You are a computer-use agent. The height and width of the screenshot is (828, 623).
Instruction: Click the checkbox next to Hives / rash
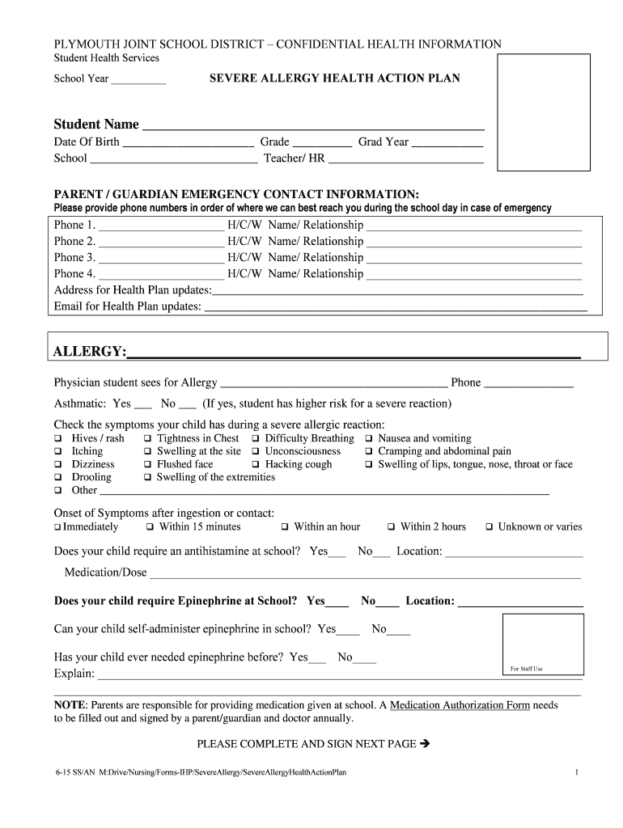[58, 439]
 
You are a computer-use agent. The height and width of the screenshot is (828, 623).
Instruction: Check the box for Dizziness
[58, 465]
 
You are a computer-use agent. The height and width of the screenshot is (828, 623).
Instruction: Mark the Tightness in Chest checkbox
[148, 439]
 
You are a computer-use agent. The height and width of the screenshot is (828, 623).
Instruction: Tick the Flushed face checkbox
[148, 465]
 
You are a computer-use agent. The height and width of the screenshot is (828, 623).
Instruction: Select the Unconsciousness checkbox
[256, 452]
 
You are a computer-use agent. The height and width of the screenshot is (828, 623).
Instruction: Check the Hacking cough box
[256, 465]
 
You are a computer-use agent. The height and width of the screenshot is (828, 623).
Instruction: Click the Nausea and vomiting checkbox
[369, 439]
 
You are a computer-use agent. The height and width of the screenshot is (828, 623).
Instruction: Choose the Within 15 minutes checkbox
[150, 527]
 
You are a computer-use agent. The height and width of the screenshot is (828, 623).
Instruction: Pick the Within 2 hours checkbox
[391, 527]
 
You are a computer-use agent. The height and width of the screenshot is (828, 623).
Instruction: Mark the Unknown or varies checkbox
[489, 527]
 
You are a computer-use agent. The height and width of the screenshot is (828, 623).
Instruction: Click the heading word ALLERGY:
[89, 352]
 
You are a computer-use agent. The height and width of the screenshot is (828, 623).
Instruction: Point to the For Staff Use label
[526, 669]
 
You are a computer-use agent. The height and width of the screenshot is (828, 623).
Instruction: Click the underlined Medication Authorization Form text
[460, 705]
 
